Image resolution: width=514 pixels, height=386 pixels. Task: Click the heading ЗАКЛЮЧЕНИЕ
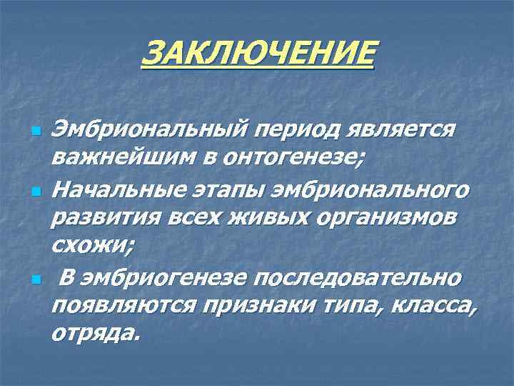tap(258, 54)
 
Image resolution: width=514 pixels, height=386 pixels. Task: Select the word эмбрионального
tap(371, 191)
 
